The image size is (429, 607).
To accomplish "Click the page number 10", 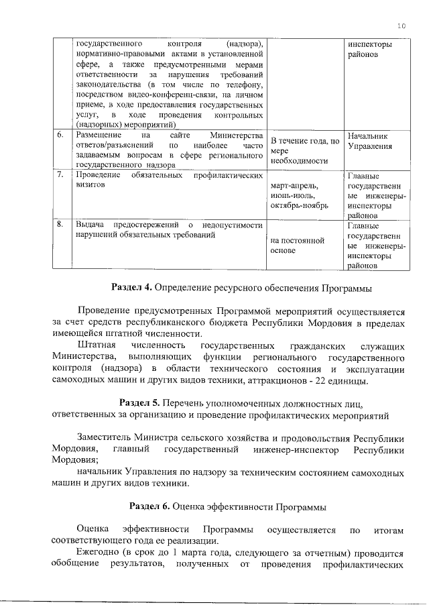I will pyautogui.click(x=402, y=25).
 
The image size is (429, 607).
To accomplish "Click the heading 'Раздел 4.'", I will pyautogui.click(x=133, y=288).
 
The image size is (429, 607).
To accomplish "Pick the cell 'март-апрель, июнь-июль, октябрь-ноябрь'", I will pyautogui.click(x=300, y=195).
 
